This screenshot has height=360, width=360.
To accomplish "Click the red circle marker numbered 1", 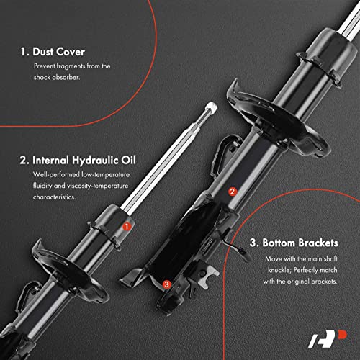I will (127, 225).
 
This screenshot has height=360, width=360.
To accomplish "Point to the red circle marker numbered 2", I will (232, 192).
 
